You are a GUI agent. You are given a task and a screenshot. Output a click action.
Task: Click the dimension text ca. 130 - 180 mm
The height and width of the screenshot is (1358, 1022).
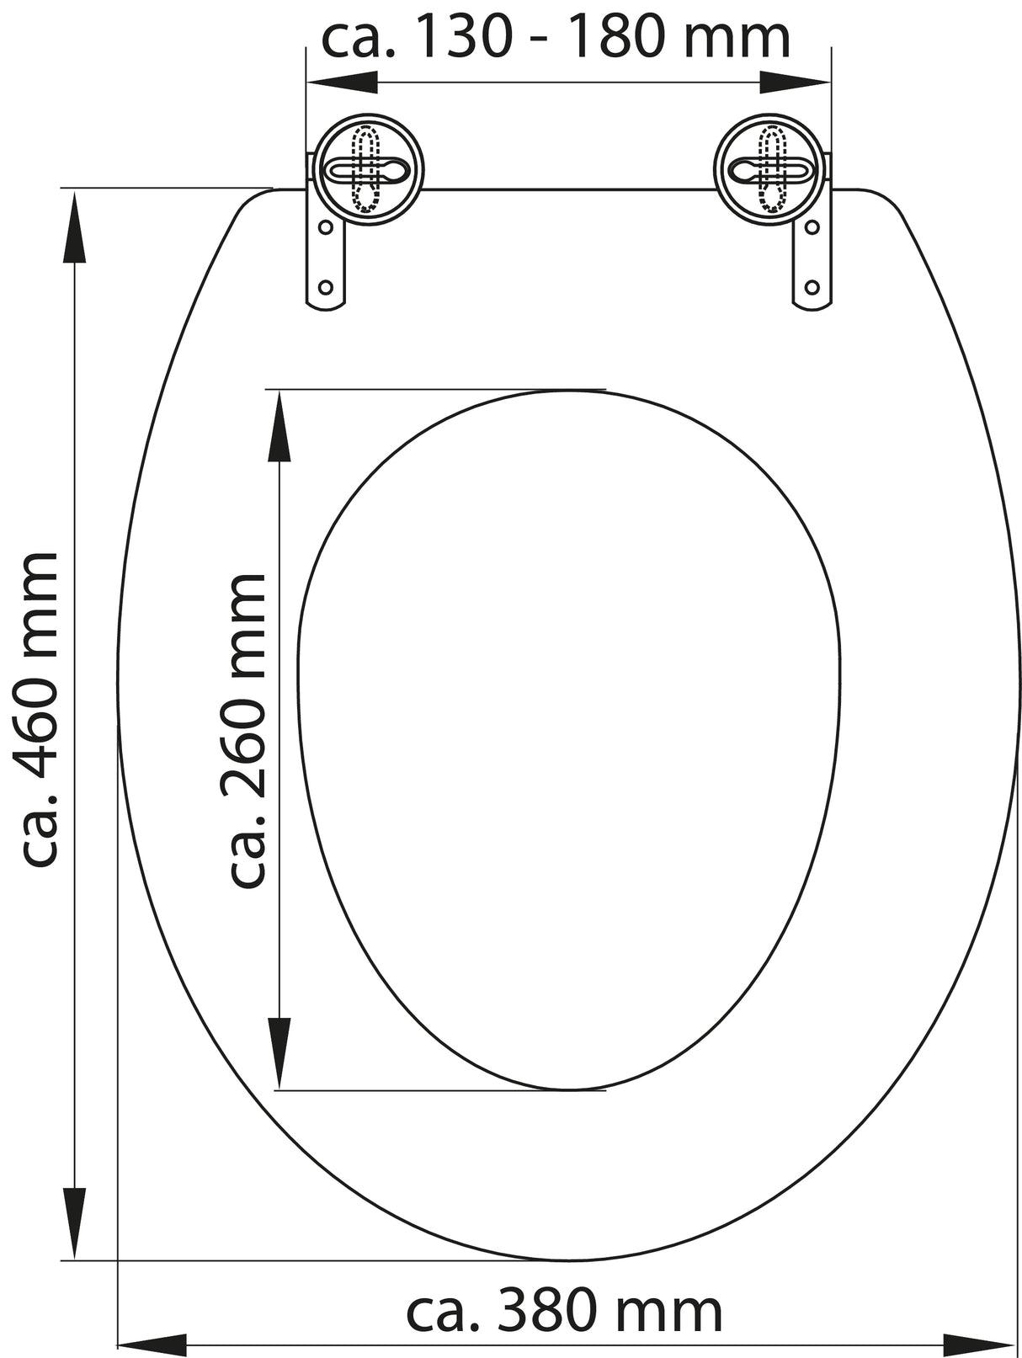point(556,38)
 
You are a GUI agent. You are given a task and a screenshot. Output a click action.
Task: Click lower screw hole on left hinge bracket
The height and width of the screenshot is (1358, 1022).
point(325,287)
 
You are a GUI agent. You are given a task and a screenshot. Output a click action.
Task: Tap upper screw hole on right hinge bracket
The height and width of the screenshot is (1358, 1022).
point(812,227)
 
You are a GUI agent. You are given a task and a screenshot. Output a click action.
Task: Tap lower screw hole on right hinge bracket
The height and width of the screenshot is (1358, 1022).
point(812,287)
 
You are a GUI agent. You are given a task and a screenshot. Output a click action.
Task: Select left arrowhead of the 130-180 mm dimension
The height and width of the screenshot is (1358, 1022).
point(341,82)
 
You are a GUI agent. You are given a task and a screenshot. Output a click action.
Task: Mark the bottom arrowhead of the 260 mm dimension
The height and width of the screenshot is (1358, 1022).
point(279,1052)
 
